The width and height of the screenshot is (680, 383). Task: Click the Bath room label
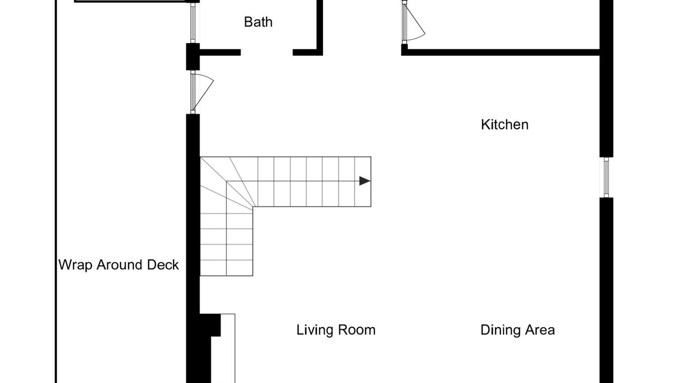[258, 22]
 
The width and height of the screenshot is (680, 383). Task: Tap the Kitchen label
[505, 124]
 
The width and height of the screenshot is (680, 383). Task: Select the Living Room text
[336, 330]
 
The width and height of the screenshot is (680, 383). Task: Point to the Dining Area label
[517, 330]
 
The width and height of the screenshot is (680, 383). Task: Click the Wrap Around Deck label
[118, 265]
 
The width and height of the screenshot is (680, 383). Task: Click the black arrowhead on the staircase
[364, 181]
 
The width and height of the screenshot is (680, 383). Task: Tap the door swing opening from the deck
[203, 92]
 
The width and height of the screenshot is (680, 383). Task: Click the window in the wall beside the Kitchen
[606, 177]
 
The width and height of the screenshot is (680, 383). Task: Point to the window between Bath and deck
[193, 23]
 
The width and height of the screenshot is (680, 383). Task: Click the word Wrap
[75, 265]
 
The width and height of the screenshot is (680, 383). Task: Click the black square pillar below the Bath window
[193, 57]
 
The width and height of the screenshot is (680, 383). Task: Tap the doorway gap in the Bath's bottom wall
[267, 52]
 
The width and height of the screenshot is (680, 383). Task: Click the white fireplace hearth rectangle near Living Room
[228, 348]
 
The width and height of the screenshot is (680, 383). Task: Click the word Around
[120, 265]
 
